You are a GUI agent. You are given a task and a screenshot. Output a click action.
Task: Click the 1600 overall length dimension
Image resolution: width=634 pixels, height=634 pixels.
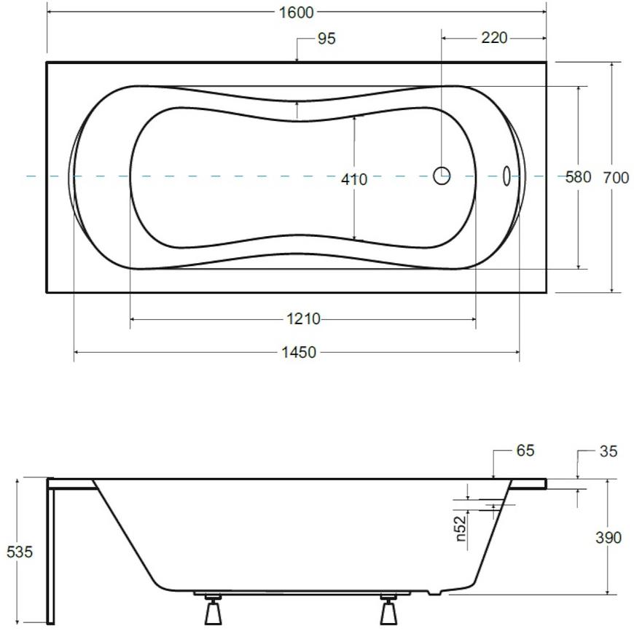pos(297,12)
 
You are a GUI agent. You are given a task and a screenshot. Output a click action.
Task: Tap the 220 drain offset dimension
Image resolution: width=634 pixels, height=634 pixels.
pos(494,38)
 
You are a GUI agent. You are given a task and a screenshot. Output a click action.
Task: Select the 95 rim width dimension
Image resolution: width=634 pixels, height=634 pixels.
pos(326,39)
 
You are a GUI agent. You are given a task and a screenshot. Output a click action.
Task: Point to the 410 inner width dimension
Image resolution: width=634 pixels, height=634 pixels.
pos(353,179)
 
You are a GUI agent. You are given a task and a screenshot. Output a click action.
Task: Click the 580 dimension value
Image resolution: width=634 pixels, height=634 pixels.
pos(578,177)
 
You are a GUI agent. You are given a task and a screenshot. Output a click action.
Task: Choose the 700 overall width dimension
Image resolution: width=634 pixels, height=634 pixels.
pos(616,178)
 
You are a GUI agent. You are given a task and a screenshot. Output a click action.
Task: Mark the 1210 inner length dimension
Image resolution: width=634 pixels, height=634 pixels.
pos(304,319)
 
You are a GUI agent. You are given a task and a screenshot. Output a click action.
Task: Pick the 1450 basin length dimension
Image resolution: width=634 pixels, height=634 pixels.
pos(299,353)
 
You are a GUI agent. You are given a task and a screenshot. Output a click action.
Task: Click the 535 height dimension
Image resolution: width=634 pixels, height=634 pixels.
pos(20,552)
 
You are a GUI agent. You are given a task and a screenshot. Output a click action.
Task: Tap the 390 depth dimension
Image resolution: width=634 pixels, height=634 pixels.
pos(608,538)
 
